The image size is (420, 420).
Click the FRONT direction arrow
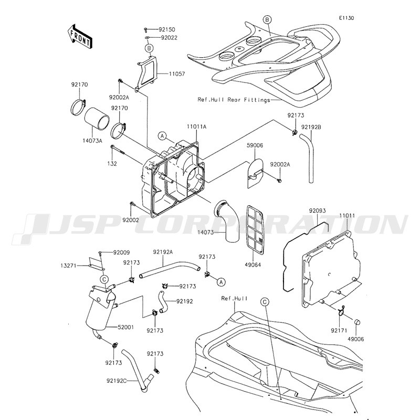pos(80,36)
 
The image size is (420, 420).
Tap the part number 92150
pos(166,29)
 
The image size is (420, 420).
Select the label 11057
pos(177,73)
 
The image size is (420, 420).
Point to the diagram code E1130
pos(346,18)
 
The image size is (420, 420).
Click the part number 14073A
pos(92,141)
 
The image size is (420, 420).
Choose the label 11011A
pos(196,127)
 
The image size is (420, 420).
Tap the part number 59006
pos(255,145)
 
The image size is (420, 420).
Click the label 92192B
pos(311,127)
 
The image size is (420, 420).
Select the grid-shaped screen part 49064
pos(255,229)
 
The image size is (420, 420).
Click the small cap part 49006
pos(357,322)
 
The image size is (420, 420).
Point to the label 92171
pos(339,331)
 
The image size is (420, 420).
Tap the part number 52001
pos(126,327)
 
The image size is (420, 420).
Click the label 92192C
pos(117,380)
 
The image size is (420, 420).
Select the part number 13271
pos(69,266)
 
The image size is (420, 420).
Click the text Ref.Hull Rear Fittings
pos(234,100)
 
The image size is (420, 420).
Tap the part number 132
pos(112,164)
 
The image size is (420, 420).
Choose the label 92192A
pos(163,252)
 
